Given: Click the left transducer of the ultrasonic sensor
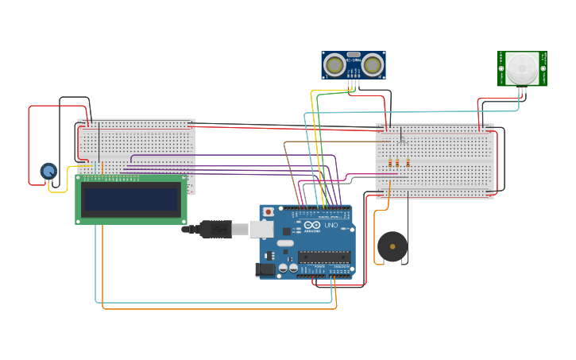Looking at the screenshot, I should coord(335,64).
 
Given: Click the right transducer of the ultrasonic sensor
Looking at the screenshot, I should coord(373,64).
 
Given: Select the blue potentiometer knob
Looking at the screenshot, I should coord(48,171).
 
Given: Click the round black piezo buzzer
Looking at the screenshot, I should coord(392,247).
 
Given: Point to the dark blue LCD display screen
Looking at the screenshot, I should coord(131,199).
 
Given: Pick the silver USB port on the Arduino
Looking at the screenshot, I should coord(262,229).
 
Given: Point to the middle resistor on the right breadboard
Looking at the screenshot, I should coord(399,163).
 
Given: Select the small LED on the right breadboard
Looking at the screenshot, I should coord(402,141).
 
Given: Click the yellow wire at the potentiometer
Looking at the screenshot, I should coord(56,191).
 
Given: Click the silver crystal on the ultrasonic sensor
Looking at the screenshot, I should coord(354,54).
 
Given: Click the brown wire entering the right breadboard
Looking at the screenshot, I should coord(334,142).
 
